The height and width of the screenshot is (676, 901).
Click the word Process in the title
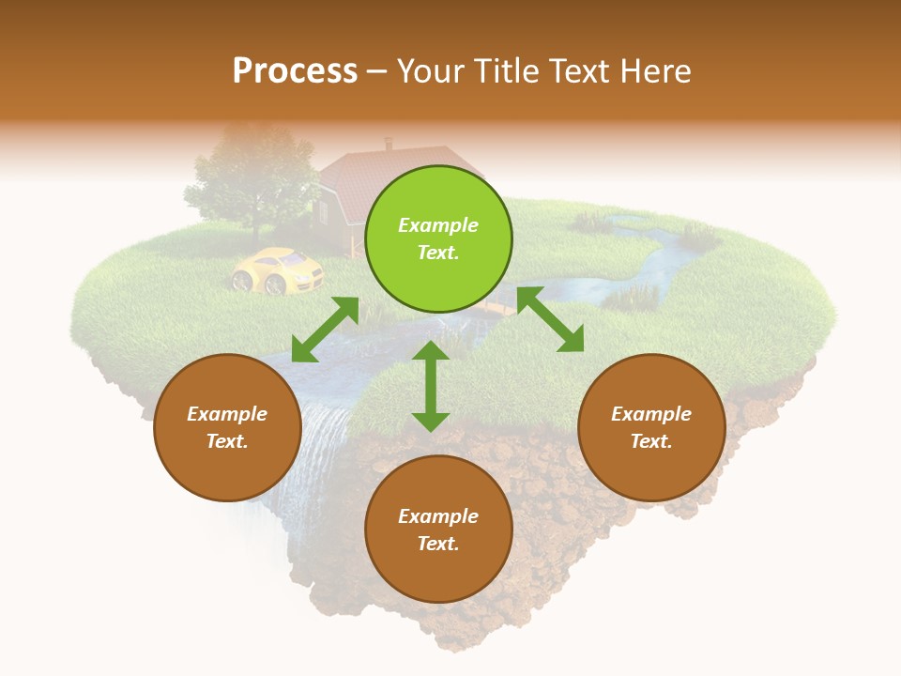pyautogui.click(x=295, y=71)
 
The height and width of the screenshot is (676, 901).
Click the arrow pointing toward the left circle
pyautogui.click(x=325, y=330)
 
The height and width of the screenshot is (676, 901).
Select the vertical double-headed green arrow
pyautogui.click(x=431, y=386)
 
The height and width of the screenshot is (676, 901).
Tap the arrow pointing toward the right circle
pyautogui.click(x=550, y=320)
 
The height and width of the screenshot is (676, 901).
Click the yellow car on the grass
pyautogui.click(x=277, y=270)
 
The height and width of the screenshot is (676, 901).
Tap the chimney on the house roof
pyautogui.click(x=389, y=144)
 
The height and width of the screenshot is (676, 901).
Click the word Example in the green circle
pyautogui.click(x=438, y=225)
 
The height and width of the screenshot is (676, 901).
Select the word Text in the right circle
pyautogui.click(x=651, y=441)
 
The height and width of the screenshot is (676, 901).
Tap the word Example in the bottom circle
pyautogui.click(x=438, y=516)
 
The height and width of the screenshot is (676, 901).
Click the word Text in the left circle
pyautogui.click(x=227, y=441)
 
